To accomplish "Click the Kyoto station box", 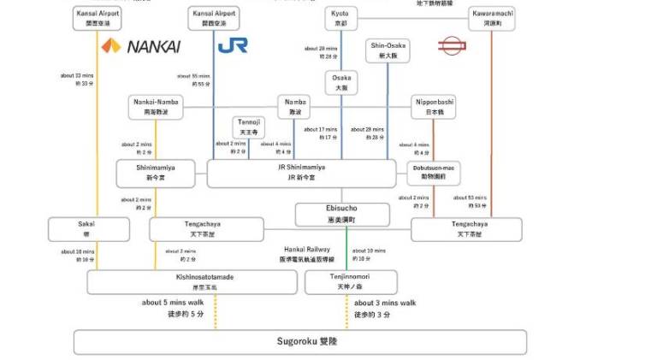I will pyautogui.click(x=341, y=17).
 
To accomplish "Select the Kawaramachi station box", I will pyautogui.click(x=492, y=17).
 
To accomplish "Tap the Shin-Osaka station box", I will pyautogui.click(x=388, y=50).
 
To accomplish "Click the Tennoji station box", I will pyautogui.click(x=249, y=127).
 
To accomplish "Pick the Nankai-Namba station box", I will pyautogui.click(x=157, y=106).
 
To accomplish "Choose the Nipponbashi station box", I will pyautogui.click(x=433, y=106).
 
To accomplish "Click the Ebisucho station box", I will pyautogui.click(x=341, y=213).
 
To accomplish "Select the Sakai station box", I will pyautogui.click(x=89, y=228).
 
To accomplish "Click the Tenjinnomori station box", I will pyautogui.click(x=351, y=281).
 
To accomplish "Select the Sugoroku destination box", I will pyautogui.click(x=299, y=341).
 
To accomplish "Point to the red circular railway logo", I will pyautogui.click(x=450, y=45).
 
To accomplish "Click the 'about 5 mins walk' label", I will pyautogui.click(x=173, y=302).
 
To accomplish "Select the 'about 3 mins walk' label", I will pyautogui.click(x=385, y=302).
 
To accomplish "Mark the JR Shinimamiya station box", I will pyautogui.click(x=301, y=173).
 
